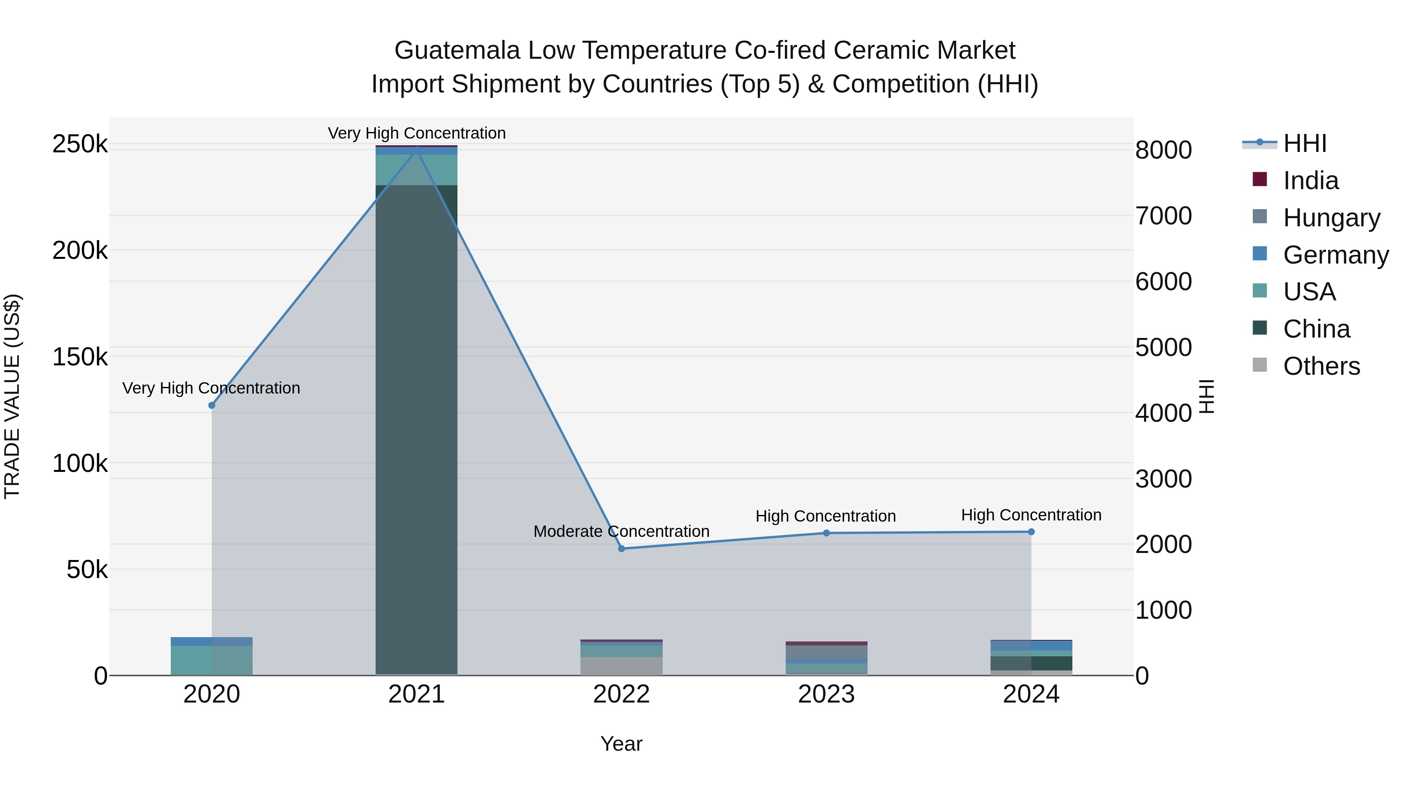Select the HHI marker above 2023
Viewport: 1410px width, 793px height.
826,533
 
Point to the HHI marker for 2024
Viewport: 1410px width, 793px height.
1031,531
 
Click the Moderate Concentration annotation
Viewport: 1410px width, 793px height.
621,531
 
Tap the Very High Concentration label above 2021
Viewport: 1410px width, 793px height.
417,133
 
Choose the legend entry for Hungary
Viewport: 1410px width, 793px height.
1331,218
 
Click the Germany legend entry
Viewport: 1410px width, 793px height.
1336,255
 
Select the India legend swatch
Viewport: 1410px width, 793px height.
1260,179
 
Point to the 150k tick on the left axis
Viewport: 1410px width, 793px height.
80,358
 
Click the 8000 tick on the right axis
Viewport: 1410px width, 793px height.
1163,150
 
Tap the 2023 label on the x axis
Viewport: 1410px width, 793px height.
826,694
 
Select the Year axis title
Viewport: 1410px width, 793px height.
621,744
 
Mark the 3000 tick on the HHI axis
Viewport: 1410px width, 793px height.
1163,479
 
